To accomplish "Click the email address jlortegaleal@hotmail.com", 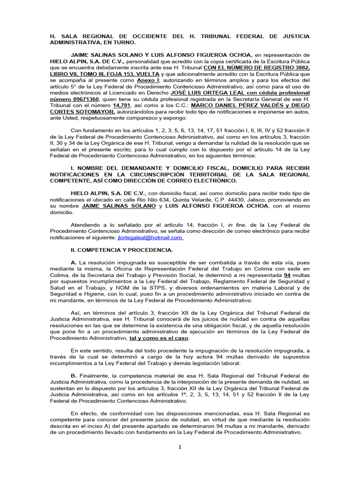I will (150, 238).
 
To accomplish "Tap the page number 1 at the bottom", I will (180, 447).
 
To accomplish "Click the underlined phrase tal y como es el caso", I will (159, 337).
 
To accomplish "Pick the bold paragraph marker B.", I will (74, 375).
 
